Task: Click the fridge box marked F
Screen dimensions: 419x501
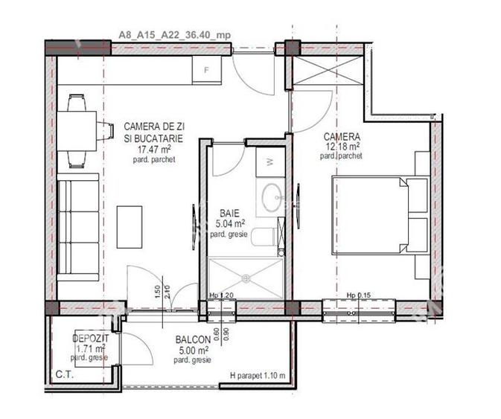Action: point(208,71)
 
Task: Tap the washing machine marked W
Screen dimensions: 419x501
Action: point(269,161)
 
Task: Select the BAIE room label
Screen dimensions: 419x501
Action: point(229,211)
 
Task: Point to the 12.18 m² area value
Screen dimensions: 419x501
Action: point(342,147)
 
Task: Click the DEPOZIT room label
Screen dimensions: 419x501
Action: point(87,339)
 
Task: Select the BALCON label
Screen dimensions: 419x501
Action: point(191,340)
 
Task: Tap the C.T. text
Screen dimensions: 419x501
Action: point(62,374)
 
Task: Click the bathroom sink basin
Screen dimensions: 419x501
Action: point(270,195)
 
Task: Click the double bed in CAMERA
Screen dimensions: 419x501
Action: point(380,216)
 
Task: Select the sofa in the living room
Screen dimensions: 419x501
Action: point(79,227)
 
